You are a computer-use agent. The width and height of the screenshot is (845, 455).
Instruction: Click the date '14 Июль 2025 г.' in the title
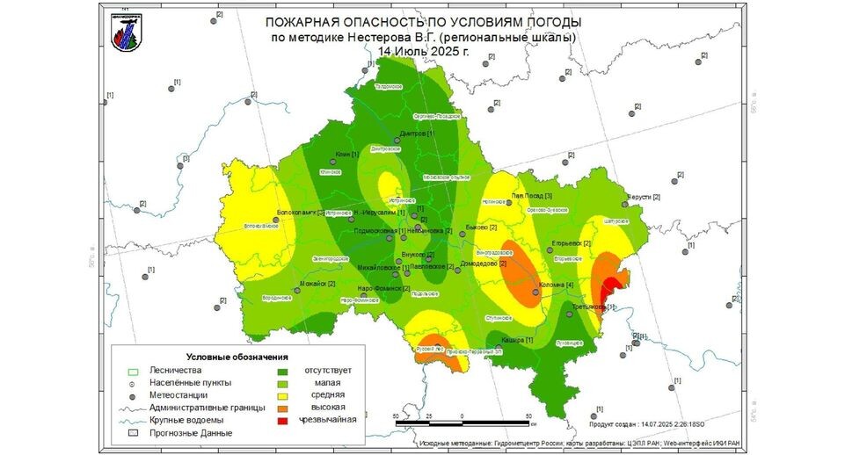(423, 51)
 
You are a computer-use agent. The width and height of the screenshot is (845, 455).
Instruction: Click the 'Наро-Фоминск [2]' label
(384, 288)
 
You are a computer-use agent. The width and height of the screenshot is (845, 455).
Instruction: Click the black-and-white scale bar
(463, 422)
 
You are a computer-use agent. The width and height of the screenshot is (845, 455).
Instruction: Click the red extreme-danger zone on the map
(608, 285)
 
